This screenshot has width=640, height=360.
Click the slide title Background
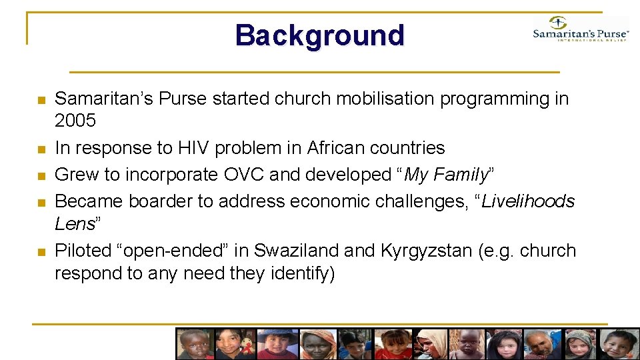(319, 35)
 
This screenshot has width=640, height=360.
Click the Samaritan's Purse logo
(581, 29)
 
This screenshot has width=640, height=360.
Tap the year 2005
(75, 121)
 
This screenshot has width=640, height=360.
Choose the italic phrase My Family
(446, 175)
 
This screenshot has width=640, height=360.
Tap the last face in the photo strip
(620, 344)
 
